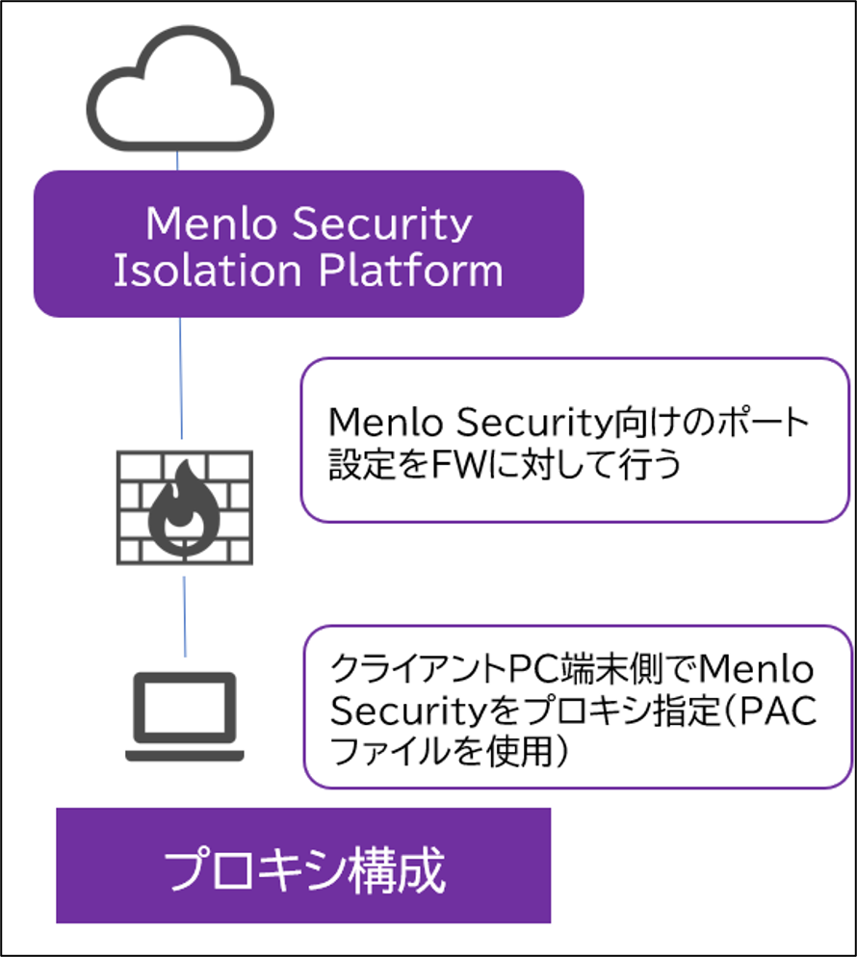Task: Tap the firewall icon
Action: pos(185,507)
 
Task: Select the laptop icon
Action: pos(185,716)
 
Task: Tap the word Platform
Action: pos(411,270)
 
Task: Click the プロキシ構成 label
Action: pos(304,869)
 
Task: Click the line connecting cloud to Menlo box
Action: pos(177,161)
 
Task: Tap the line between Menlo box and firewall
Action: pos(181,377)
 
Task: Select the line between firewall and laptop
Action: pos(184,616)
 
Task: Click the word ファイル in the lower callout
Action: pos(391,751)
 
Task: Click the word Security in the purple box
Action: pos(382,224)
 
